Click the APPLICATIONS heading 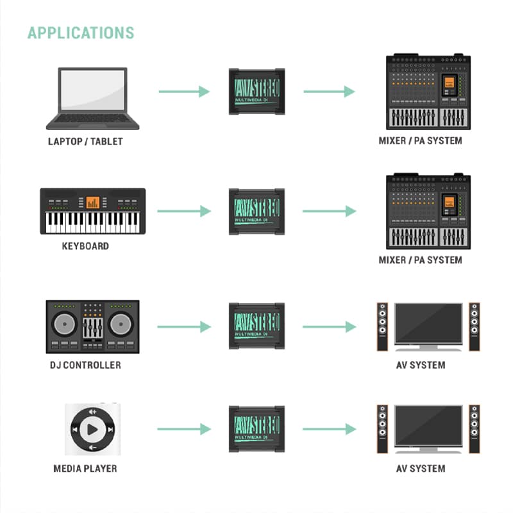(81, 33)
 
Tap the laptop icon (92, 99)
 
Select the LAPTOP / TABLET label (85, 141)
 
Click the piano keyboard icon (92, 211)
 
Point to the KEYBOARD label (85, 246)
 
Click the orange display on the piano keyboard (92, 203)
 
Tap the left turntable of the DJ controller (65, 324)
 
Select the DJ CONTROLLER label (85, 365)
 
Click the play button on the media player (92, 429)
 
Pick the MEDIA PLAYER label (85, 469)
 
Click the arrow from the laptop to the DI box (184, 92)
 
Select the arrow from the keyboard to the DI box (184, 211)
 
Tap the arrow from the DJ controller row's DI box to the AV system (330, 327)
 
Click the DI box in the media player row (257, 429)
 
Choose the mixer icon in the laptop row (428, 92)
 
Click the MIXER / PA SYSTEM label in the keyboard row (421, 260)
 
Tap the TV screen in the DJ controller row (428, 324)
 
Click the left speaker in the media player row (382, 429)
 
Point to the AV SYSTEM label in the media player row (421, 469)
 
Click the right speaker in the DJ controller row (475, 327)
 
